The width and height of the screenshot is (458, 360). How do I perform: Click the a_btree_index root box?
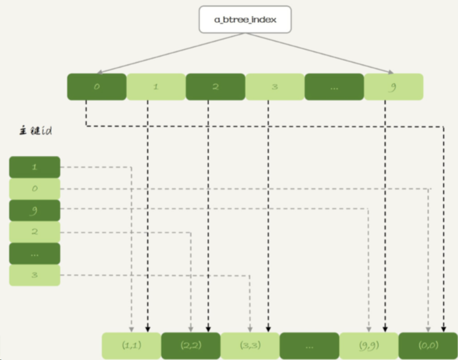(x=245, y=20)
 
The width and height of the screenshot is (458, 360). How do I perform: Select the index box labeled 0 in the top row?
(x=96, y=87)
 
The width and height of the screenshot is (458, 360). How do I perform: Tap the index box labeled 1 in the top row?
(x=156, y=87)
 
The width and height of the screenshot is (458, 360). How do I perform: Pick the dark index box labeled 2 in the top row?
(x=215, y=87)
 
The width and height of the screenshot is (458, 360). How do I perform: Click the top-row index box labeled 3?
(x=274, y=87)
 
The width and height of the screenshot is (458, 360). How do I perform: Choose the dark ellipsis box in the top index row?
(x=334, y=87)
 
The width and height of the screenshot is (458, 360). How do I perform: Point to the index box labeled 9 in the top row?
(x=393, y=87)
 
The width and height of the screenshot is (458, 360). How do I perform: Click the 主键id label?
(x=36, y=131)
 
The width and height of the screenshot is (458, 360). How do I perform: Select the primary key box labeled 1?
(x=35, y=167)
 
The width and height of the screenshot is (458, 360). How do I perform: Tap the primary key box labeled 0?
(x=35, y=189)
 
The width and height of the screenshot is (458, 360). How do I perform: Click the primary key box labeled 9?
(x=35, y=210)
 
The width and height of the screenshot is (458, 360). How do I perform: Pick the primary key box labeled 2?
(x=35, y=232)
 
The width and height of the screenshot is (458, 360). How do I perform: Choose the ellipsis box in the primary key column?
(x=35, y=254)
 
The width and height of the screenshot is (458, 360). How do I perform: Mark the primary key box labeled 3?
(x=35, y=275)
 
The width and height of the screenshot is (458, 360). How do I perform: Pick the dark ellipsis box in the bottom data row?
(x=309, y=346)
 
